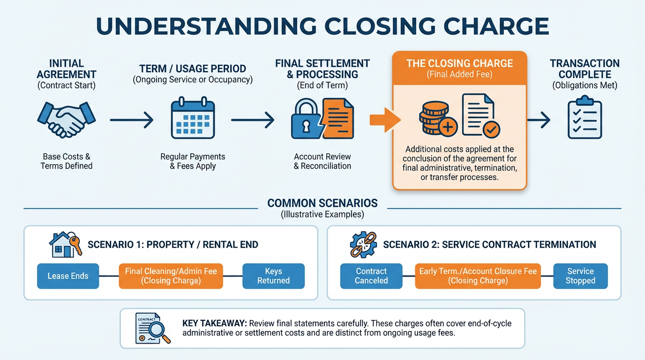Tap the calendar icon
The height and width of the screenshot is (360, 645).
pyautogui.click(x=193, y=118)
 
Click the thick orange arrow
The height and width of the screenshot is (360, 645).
pyautogui.click(x=385, y=120)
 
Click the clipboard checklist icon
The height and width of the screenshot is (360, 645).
pyautogui.click(x=585, y=117)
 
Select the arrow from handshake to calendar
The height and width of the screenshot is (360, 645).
pyautogui.click(x=132, y=120)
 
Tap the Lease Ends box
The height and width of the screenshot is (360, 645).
pyautogui.click(x=68, y=276)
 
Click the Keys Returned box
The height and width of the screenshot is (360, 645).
pyautogui.click(x=274, y=276)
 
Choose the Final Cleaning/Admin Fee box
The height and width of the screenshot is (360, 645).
pyautogui.click(x=171, y=276)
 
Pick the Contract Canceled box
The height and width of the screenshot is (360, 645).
pyautogui.click(x=371, y=276)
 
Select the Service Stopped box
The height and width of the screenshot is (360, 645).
pyautogui.click(x=580, y=276)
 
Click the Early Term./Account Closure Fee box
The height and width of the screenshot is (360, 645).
pyautogui.click(x=478, y=276)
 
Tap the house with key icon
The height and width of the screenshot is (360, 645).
pyautogui.click(x=66, y=245)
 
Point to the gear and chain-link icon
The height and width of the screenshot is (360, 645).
pyautogui.click(x=363, y=245)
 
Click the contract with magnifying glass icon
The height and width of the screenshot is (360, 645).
pyautogui.click(x=153, y=328)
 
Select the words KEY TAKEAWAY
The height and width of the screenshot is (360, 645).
pyautogui.click(x=215, y=323)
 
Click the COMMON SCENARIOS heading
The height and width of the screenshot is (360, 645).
pyautogui.click(x=322, y=203)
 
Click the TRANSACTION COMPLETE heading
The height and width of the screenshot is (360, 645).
pyautogui.click(x=585, y=69)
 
